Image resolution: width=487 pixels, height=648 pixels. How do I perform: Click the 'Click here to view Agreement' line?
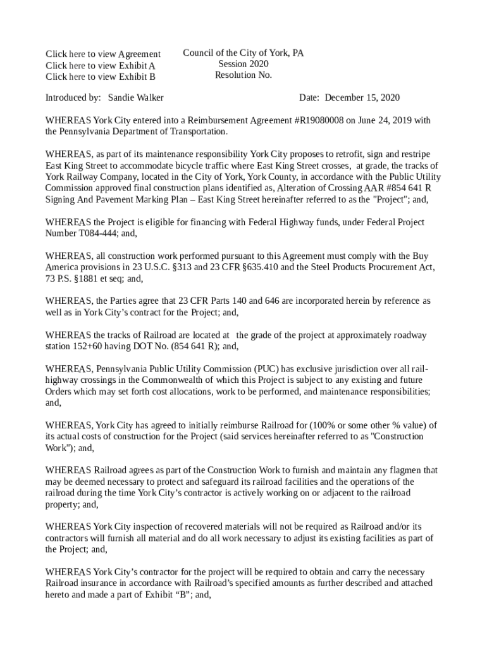[102, 54]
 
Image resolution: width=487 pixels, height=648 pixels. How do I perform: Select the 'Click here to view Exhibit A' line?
[100, 66]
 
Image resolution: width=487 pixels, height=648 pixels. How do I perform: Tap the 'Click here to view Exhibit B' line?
[100, 77]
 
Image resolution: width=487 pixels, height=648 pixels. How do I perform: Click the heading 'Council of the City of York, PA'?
[243, 53]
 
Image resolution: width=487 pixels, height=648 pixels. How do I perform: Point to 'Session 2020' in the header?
[243, 64]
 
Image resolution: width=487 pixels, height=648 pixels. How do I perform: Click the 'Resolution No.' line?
[243, 75]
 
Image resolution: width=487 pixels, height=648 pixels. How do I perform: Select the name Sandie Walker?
[135, 98]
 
